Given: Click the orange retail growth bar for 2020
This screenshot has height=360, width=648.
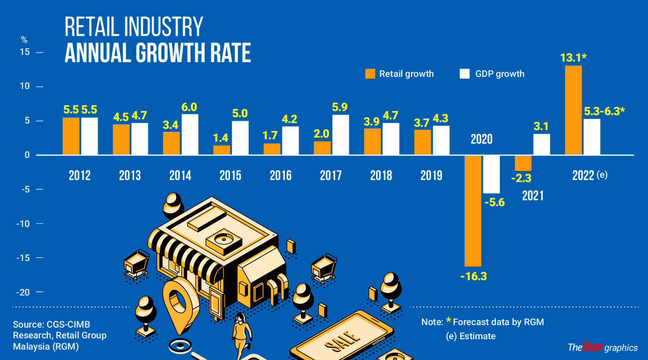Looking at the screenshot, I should (473, 210).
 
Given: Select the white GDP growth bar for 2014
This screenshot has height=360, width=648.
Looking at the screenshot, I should (190, 134).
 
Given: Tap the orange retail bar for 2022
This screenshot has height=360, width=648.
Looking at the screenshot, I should (573, 110).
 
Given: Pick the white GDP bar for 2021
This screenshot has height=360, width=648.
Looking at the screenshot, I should (541, 144).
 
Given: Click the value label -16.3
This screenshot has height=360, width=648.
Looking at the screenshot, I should (473, 276).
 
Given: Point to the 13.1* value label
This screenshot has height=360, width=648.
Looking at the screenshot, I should (573, 57).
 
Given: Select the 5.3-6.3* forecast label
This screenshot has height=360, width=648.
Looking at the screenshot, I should (604, 111).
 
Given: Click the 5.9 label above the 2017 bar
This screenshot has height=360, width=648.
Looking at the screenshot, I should (340, 107).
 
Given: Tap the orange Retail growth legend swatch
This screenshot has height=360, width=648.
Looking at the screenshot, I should (370, 74).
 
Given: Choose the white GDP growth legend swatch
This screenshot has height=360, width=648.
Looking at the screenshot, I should (465, 74).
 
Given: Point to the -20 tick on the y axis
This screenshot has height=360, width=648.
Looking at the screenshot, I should (23, 292).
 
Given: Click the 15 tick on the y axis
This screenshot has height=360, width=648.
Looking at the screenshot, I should (25, 52).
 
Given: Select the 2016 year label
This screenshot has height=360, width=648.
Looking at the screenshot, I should (281, 175).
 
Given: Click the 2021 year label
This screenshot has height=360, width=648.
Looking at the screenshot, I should (533, 195).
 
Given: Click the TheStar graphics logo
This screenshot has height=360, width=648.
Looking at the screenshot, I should (602, 347).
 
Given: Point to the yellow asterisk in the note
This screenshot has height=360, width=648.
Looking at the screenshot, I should (448, 320).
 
